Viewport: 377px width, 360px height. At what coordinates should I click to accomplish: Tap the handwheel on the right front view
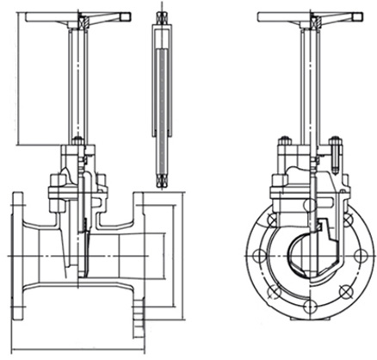310,16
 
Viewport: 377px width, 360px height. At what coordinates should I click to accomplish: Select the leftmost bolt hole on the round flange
255,256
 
